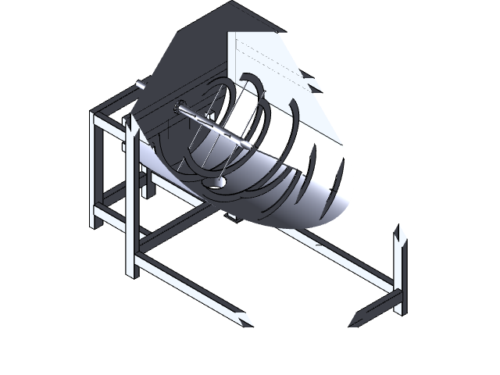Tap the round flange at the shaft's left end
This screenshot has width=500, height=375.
coord(180,110)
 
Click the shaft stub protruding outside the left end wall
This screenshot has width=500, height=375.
coord(139,84)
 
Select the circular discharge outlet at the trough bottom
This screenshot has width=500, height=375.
coord(219,182)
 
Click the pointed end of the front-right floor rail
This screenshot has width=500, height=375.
coord(354,320)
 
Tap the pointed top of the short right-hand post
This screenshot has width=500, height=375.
coord(400,232)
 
